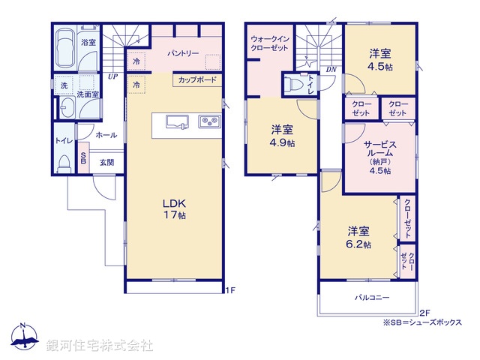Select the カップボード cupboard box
(x=198, y=79)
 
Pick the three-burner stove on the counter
(x=208, y=121)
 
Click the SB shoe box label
(x=83, y=159)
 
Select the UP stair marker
(x=112, y=76)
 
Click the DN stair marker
(x=331, y=70)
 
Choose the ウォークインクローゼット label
(x=270, y=42)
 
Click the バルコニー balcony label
(x=372, y=298)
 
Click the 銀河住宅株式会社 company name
(x=100, y=346)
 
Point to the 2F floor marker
(x=424, y=312)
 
